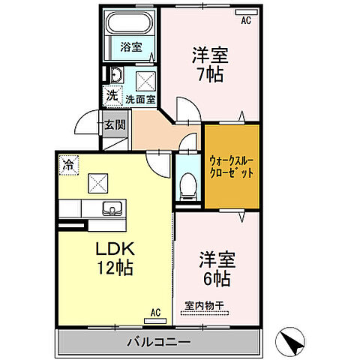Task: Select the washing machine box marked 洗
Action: coord(111,96)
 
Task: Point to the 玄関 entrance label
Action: coord(115,125)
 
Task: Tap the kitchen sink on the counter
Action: coord(113,209)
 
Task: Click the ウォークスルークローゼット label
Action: coord(232,166)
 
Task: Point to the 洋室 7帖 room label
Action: coord(209,64)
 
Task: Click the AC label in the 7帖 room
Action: coord(245,21)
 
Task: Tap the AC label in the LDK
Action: coord(155,312)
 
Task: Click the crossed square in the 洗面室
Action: coord(145,79)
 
